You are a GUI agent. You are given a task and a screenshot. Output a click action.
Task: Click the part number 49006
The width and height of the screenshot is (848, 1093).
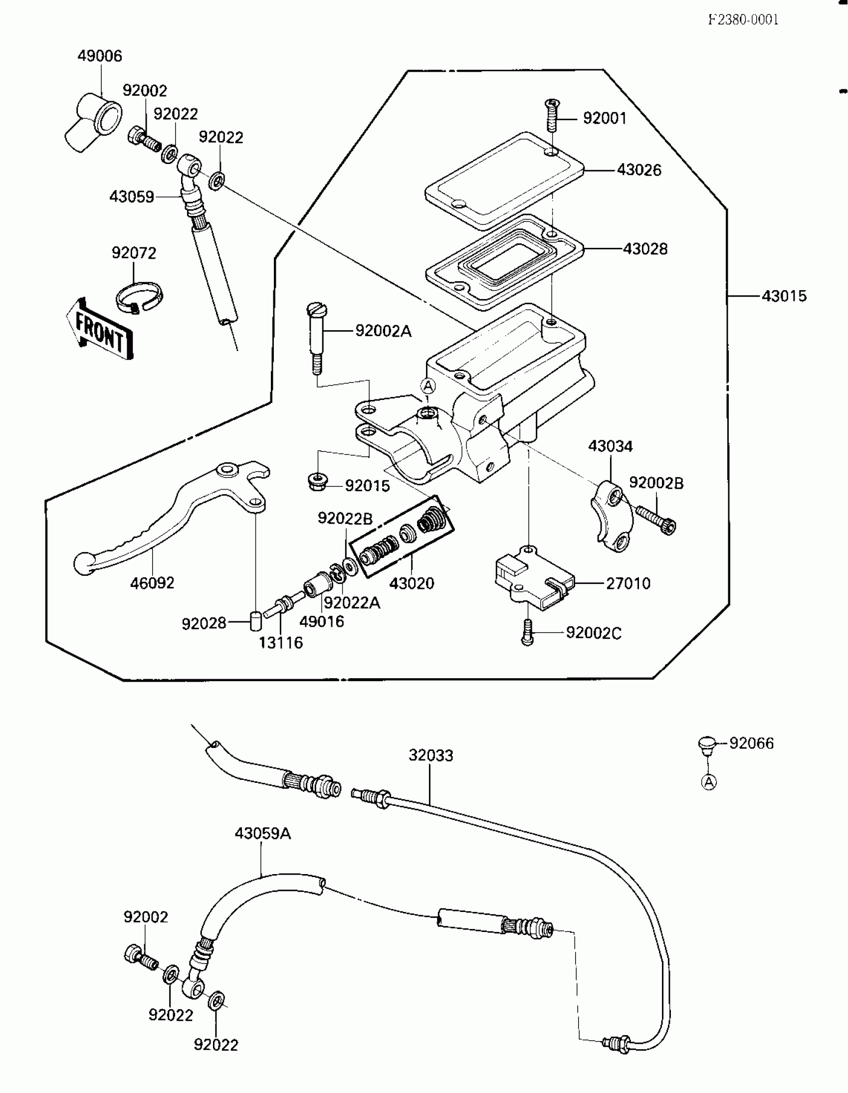click(x=100, y=56)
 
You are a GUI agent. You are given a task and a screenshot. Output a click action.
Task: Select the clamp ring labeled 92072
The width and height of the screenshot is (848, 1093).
click(x=139, y=298)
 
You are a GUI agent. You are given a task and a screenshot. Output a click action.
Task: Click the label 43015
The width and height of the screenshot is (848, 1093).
click(x=784, y=296)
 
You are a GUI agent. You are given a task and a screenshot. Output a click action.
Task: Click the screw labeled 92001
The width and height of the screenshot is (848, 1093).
click(x=551, y=117)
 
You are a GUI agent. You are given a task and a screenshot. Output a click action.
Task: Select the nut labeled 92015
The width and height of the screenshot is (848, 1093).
click(x=317, y=483)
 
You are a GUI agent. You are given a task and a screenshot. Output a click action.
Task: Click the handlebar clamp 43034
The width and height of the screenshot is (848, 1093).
click(x=611, y=516)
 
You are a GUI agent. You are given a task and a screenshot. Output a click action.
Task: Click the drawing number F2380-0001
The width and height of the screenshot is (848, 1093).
click(x=743, y=19)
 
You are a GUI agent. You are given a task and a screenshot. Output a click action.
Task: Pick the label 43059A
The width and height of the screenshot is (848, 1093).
click(x=263, y=834)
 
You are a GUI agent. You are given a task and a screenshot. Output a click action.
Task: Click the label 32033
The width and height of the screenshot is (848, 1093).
click(x=430, y=755)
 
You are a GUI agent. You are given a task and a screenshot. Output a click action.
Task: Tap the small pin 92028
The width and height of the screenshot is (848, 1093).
click(x=255, y=622)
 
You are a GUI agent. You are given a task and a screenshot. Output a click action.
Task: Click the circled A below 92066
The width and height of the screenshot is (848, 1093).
click(x=708, y=782)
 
